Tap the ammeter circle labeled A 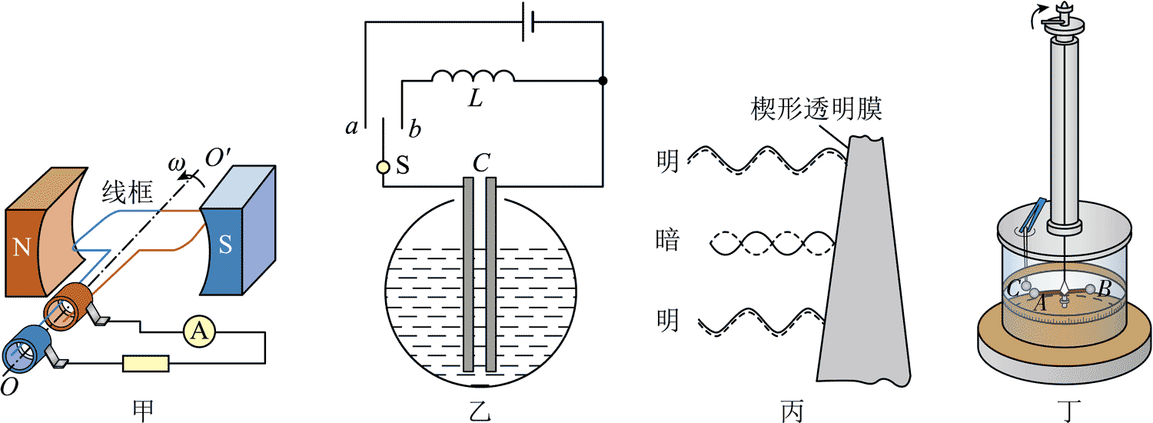[199, 331]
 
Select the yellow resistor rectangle [146, 363]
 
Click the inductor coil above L [473, 76]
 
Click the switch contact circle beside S [383, 167]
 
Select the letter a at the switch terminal [352, 128]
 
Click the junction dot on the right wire [603, 80]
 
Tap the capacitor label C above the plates [481, 163]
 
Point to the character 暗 [668, 241]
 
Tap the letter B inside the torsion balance [1103, 289]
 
